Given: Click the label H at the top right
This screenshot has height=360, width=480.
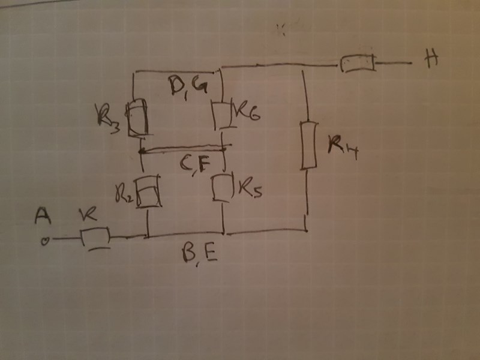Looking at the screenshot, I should (x=430, y=61).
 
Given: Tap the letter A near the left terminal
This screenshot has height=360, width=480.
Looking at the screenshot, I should (x=42, y=215).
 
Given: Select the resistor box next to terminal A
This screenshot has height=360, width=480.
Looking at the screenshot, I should (x=95, y=236).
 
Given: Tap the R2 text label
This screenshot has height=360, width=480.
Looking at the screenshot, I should (x=124, y=194).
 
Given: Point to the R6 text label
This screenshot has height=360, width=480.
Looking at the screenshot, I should (x=247, y=115).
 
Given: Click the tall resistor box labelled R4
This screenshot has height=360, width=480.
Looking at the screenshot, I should (x=309, y=145).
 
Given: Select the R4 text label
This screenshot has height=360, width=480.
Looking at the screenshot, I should (x=343, y=146).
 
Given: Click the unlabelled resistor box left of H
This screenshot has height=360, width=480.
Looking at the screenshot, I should (x=357, y=63).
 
